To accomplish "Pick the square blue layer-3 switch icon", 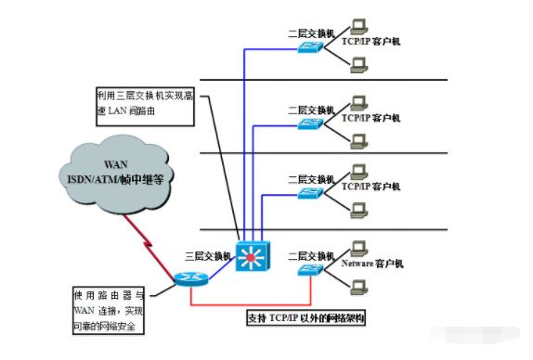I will (x=252, y=255).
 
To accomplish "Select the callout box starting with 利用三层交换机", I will (x=144, y=103).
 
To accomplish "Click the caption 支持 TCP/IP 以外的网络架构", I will (x=304, y=317).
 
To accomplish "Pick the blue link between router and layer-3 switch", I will (x=219, y=268).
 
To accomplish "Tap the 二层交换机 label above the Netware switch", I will (x=311, y=253).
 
